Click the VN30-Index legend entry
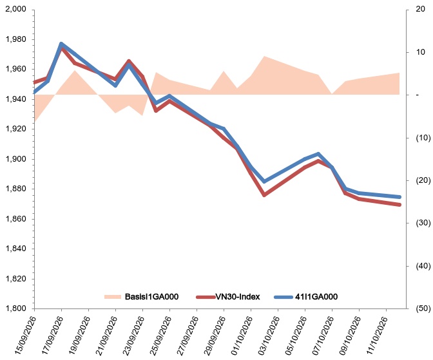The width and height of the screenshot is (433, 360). tap(228, 297)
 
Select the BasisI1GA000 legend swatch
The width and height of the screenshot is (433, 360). tap(113, 297)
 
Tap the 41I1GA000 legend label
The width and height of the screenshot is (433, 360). tap(316, 297)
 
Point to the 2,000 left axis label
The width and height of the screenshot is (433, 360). tap(15, 9)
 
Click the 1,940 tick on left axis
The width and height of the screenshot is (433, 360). tap(15, 99)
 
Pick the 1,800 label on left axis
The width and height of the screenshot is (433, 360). tap(15, 308)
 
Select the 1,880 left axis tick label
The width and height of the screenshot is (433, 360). tap(15, 189)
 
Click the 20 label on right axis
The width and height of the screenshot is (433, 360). tap(420, 9)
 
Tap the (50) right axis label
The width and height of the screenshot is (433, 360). tap(423, 308)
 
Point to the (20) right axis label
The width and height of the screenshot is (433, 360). tap(423, 180)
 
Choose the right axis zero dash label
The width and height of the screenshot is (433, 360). tap(418, 95)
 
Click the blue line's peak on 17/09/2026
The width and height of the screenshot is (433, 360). tap(61, 44)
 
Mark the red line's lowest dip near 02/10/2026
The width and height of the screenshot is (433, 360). tap(264, 195)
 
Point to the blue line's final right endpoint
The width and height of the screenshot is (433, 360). tap(399, 197)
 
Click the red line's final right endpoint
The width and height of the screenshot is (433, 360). tap(399, 205)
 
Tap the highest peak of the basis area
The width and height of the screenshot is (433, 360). tap(264, 56)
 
